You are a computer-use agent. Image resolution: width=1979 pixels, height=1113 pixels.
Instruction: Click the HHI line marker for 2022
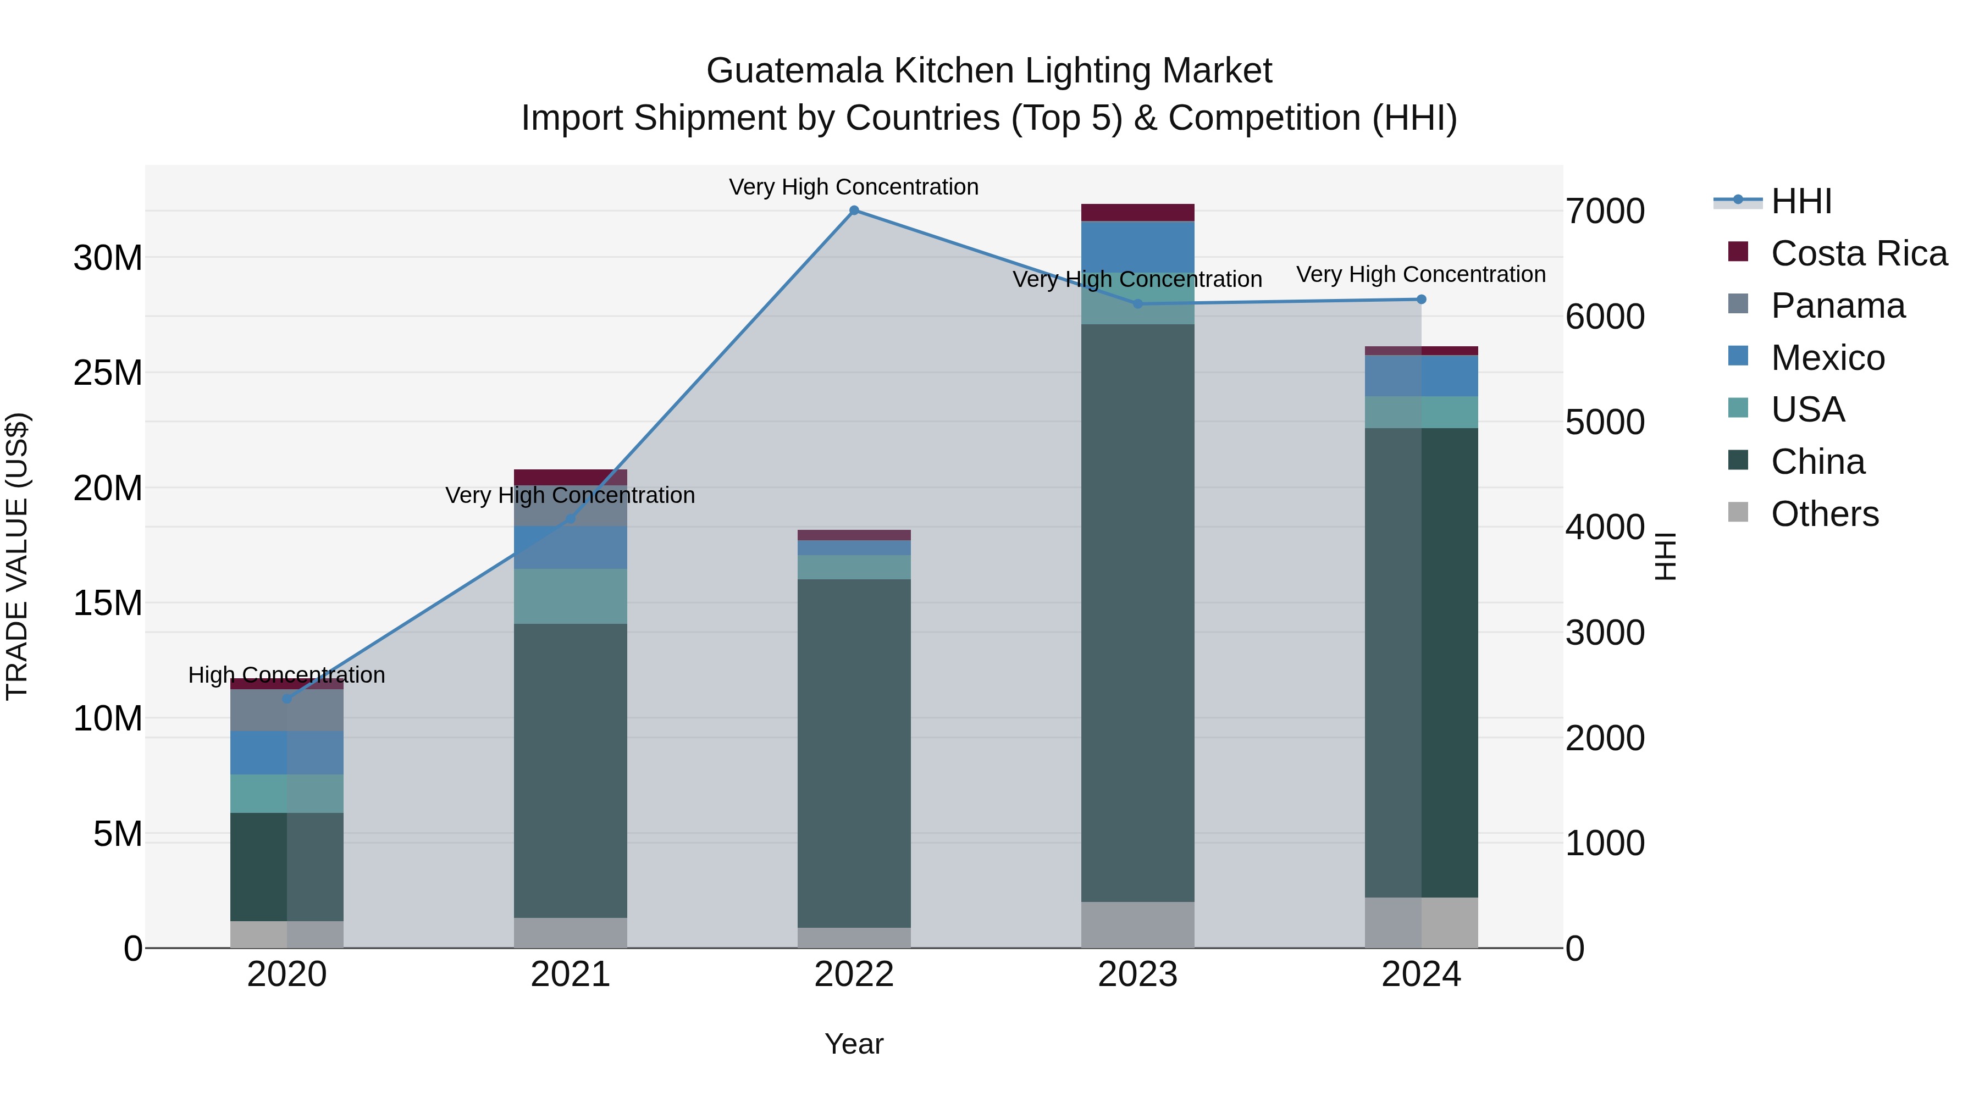point(854,211)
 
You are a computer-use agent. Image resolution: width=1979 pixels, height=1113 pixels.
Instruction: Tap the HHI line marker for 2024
point(1420,300)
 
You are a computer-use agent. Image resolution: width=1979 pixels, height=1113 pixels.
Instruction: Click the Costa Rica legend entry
point(1859,253)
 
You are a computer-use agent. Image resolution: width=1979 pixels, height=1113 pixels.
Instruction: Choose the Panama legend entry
point(1838,306)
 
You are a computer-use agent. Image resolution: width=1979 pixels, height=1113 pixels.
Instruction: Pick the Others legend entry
point(1825,514)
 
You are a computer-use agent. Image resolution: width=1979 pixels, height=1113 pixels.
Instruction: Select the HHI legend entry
point(1801,201)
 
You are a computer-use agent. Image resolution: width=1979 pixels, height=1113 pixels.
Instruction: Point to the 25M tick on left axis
point(108,373)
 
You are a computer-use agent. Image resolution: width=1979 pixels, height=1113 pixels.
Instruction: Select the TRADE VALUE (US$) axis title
point(17,556)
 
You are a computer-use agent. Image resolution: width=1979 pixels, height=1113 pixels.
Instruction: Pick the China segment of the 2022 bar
point(854,753)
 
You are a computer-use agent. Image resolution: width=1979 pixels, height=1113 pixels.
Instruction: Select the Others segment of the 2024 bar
point(1420,922)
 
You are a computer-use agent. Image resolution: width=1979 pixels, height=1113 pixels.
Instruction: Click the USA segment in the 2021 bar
point(570,596)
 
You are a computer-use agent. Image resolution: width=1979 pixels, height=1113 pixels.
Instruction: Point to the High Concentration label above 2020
point(286,675)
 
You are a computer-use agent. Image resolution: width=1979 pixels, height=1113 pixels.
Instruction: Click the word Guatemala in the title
point(794,71)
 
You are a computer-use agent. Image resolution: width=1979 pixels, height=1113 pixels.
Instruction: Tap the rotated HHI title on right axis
point(1664,556)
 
